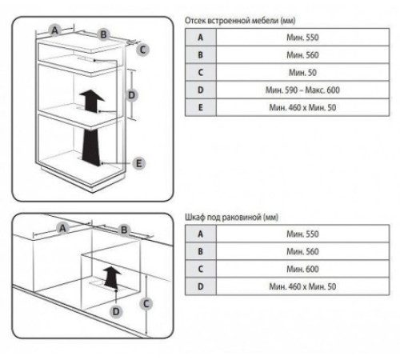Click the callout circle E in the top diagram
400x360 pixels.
pyautogui.click(x=139, y=163)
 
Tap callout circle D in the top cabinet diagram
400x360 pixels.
pyautogui.click(x=131, y=95)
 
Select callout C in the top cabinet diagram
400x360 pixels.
pyautogui.click(x=142, y=50)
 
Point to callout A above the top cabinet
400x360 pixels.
pyautogui.click(x=54, y=30)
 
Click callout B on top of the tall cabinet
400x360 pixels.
pyautogui.click(x=103, y=34)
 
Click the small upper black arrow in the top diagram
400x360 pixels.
pyautogui.click(x=92, y=101)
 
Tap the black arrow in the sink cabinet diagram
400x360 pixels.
pyautogui.click(x=112, y=277)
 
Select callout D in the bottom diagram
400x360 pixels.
pyautogui.click(x=116, y=311)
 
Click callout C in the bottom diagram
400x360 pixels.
pyautogui.click(x=146, y=304)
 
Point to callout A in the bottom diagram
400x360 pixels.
pyautogui.click(x=62, y=228)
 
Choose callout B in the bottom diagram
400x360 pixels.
pyautogui.click(x=124, y=230)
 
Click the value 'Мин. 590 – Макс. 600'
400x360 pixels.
pyautogui.click(x=302, y=90)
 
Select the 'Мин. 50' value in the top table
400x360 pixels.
pyautogui.click(x=302, y=73)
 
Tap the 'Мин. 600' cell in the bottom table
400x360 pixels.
pyautogui.click(x=302, y=269)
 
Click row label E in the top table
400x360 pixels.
pyautogui.click(x=201, y=107)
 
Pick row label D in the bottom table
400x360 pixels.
pyautogui.click(x=201, y=286)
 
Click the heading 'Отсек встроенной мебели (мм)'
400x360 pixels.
pyautogui.click(x=240, y=21)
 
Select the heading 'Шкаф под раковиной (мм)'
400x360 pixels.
pyautogui.click(x=231, y=218)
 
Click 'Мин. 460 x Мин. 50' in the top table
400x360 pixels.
pyautogui.click(x=302, y=108)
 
